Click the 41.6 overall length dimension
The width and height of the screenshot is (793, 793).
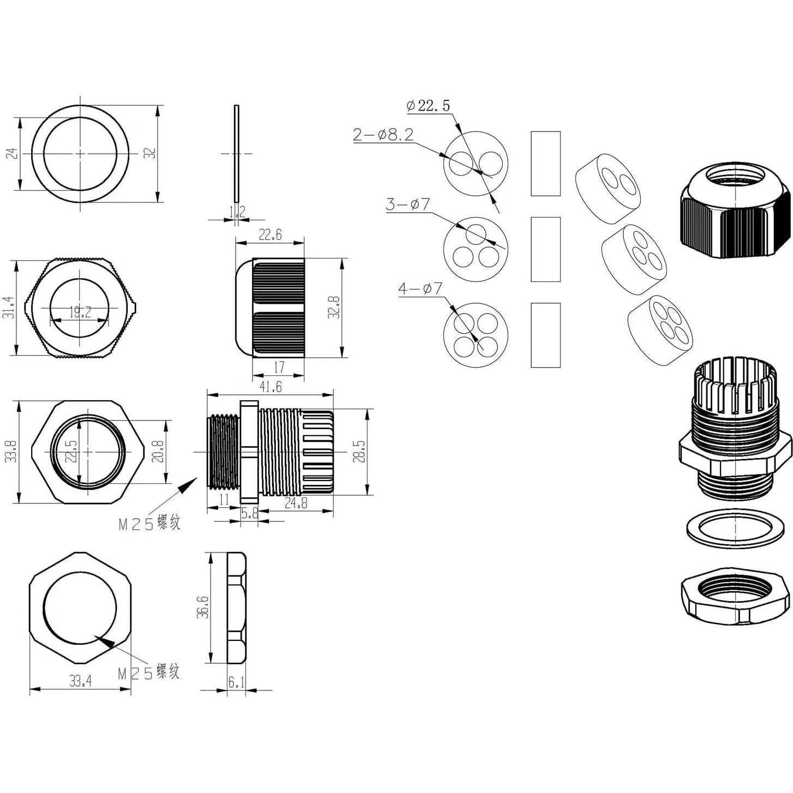coord(271,387)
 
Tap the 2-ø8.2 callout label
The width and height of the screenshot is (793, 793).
coord(383,135)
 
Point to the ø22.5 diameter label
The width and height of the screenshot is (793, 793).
coord(429,105)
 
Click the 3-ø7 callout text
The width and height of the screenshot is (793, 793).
coord(408,205)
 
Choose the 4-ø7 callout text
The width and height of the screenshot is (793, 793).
coord(420,288)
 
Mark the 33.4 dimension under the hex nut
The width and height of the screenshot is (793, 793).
coord(80,681)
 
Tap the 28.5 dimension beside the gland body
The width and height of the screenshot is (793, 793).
coord(358,451)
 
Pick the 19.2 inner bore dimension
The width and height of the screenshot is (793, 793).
coord(80,313)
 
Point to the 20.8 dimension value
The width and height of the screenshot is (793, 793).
coord(158,452)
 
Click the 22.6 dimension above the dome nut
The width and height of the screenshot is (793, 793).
coord(270,235)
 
